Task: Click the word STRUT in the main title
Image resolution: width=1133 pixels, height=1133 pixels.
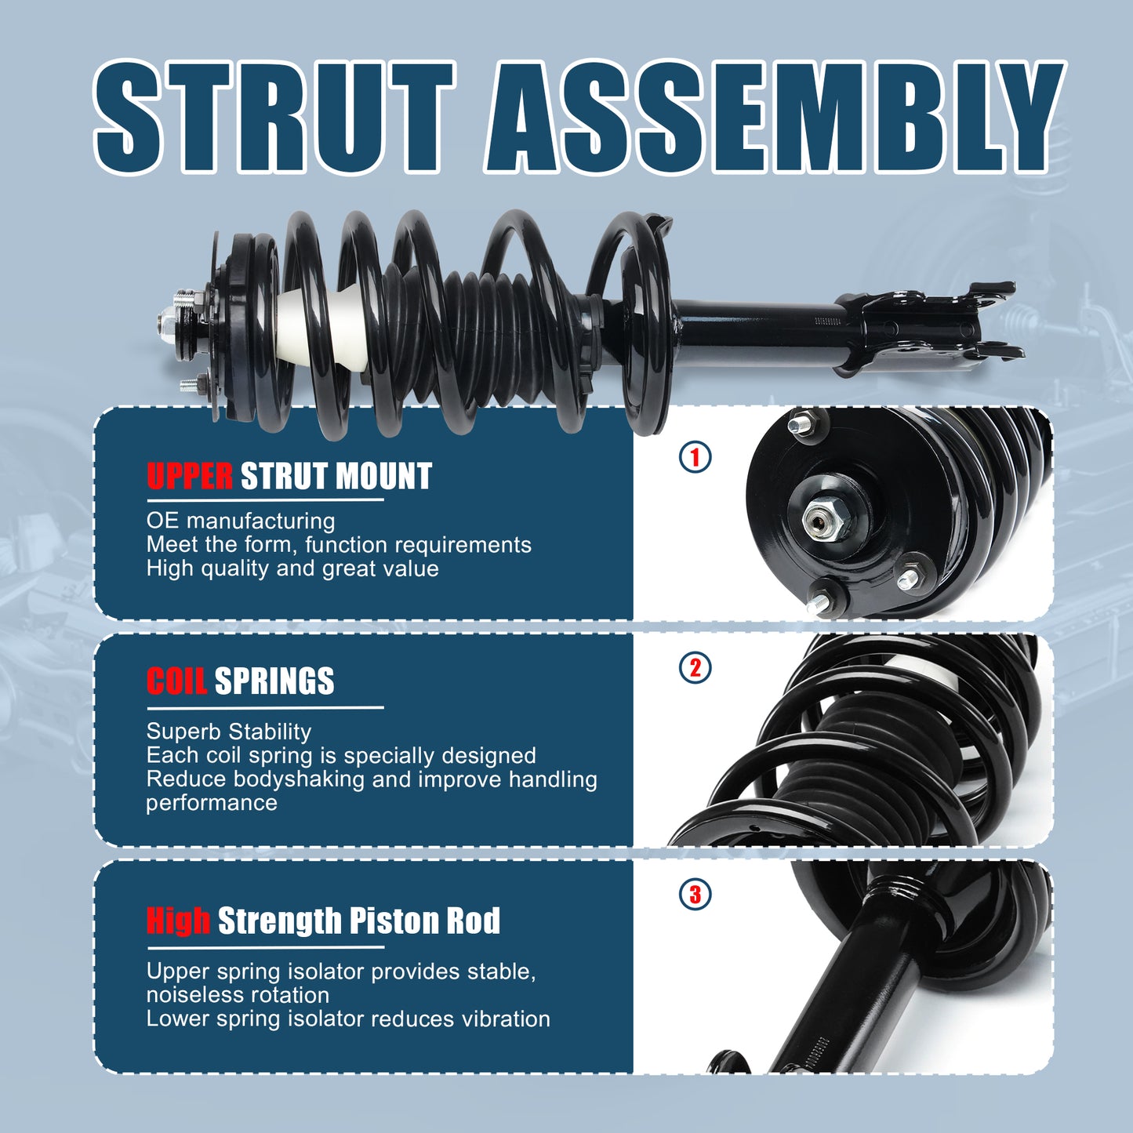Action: click(274, 118)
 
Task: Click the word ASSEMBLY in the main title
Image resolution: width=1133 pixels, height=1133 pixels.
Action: click(772, 118)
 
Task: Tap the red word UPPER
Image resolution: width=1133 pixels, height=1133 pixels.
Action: click(190, 477)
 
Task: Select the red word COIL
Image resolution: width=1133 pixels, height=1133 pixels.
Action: click(176, 681)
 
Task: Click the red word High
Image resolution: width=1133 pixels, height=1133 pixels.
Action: click(178, 921)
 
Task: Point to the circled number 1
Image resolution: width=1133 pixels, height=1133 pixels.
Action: click(695, 456)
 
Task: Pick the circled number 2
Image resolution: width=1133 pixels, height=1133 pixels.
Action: click(695, 668)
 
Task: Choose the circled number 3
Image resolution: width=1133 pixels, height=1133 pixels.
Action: click(695, 894)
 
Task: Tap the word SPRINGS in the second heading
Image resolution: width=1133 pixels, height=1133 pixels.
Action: click(274, 681)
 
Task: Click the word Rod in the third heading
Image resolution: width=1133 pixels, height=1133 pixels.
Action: click(473, 921)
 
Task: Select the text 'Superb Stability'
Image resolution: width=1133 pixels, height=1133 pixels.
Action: click(229, 732)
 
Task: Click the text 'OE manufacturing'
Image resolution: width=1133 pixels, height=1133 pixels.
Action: click(241, 521)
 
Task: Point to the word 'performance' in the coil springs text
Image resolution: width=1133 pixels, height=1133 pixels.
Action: click(212, 803)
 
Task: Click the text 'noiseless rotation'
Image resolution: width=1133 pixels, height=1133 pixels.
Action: click(238, 995)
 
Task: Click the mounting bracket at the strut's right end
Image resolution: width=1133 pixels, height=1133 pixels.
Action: click(925, 329)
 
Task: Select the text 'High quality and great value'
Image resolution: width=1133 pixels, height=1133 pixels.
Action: click(292, 568)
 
